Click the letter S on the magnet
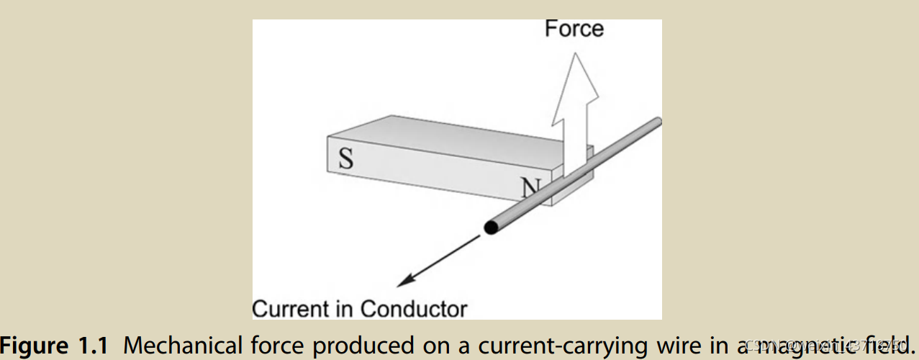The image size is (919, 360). tap(345, 158)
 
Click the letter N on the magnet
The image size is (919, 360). tap(530, 188)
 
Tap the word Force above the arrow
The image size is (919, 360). tap(574, 29)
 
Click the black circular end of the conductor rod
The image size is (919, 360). tap(491, 228)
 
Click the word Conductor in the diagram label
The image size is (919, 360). tap(413, 309)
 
